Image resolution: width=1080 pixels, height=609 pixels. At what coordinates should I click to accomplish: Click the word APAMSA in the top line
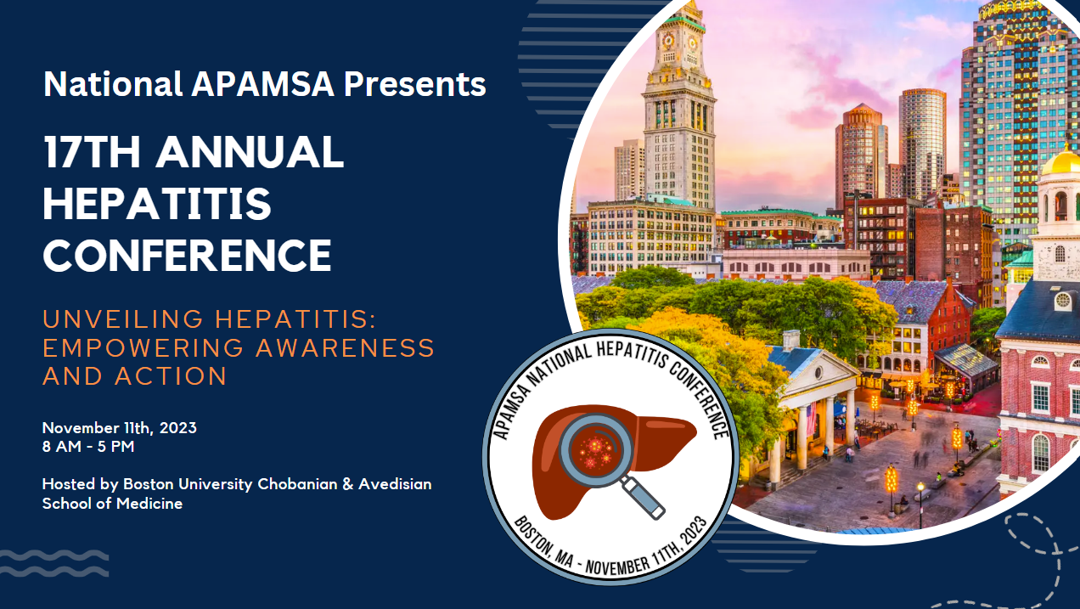pyautogui.click(x=262, y=84)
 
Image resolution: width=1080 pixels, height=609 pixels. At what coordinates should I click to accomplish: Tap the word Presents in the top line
pyautogui.click(x=414, y=84)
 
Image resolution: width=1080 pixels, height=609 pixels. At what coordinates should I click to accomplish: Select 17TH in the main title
pyautogui.click(x=92, y=151)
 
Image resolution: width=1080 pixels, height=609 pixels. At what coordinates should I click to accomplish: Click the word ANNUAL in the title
pyautogui.click(x=250, y=151)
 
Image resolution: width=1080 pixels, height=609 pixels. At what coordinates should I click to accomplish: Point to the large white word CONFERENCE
pyautogui.click(x=187, y=255)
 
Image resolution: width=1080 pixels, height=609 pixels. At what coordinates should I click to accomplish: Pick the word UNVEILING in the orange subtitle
pyautogui.click(x=123, y=319)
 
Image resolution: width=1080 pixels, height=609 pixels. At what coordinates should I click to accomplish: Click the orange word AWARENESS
pyautogui.click(x=346, y=347)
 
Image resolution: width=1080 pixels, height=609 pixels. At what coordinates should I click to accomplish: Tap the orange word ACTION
pyautogui.click(x=171, y=376)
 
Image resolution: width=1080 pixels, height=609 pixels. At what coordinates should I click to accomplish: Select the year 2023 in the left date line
pyautogui.click(x=178, y=428)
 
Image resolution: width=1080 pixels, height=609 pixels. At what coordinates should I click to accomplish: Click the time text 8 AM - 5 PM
pyautogui.click(x=88, y=447)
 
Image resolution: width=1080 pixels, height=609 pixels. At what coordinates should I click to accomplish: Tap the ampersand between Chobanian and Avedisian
pyautogui.click(x=348, y=484)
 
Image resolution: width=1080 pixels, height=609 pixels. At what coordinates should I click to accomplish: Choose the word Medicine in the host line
pyautogui.click(x=149, y=504)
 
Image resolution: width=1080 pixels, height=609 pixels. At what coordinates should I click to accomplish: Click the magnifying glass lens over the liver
pyautogui.click(x=596, y=451)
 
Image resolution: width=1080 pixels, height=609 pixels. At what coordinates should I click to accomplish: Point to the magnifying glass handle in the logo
pyautogui.click(x=643, y=498)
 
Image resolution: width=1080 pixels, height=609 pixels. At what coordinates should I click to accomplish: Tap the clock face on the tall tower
pyautogui.click(x=668, y=41)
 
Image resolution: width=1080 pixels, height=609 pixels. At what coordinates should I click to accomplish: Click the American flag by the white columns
pyautogui.click(x=811, y=419)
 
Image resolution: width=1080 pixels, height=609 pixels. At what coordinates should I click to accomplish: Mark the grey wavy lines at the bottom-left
pyautogui.click(x=54, y=563)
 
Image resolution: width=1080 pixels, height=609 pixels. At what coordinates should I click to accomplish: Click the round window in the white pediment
pyautogui.click(x=818, y=373)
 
